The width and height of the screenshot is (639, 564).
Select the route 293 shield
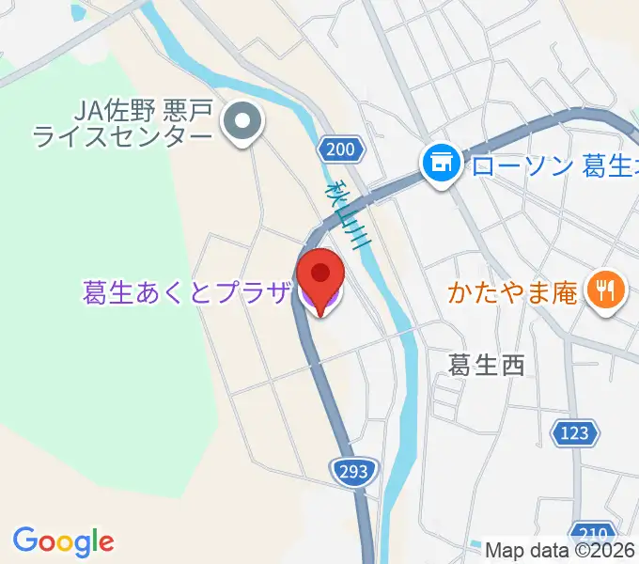click(x=355, y=469)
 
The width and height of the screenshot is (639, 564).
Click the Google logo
click(x=63, y=541)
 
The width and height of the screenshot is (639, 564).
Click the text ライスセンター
click(x=122, y=138)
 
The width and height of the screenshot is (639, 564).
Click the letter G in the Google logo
click(x=25, y=540)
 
